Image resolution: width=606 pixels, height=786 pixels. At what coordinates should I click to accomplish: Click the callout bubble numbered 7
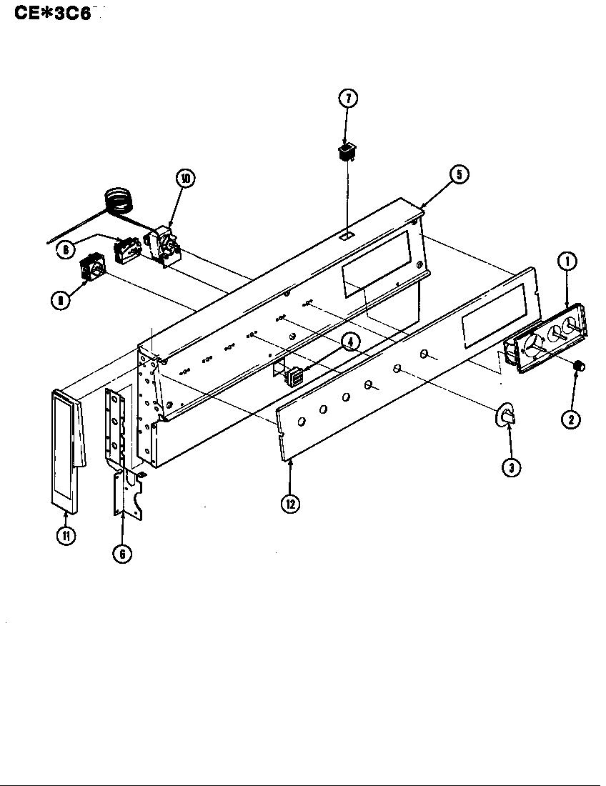point(347,99)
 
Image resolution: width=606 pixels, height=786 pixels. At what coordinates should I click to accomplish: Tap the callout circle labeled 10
point(184,179)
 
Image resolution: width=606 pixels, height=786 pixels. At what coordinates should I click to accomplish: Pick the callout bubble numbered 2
point(570,419)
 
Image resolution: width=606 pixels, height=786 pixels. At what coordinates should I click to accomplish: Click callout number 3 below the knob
point(510,467)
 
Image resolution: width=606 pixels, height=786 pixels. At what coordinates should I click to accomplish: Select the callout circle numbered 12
point(290,503)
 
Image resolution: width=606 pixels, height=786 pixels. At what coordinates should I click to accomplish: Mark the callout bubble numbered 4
point(349,342)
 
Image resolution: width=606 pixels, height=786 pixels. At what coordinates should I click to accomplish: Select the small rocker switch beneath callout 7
point(347,151)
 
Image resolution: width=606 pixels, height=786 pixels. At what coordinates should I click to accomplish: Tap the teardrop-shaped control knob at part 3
point(506,416)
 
